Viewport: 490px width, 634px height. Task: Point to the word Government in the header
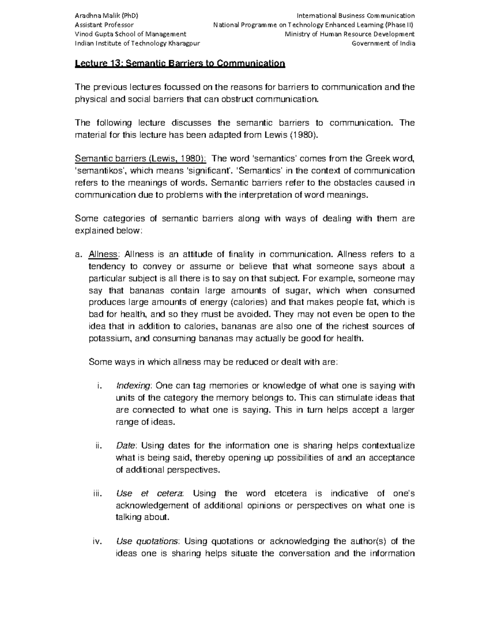point(369,44)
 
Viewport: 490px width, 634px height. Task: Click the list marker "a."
point(78,254)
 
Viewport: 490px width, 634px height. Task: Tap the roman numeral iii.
point(96,494)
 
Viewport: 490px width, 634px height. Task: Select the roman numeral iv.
point(96,542)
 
